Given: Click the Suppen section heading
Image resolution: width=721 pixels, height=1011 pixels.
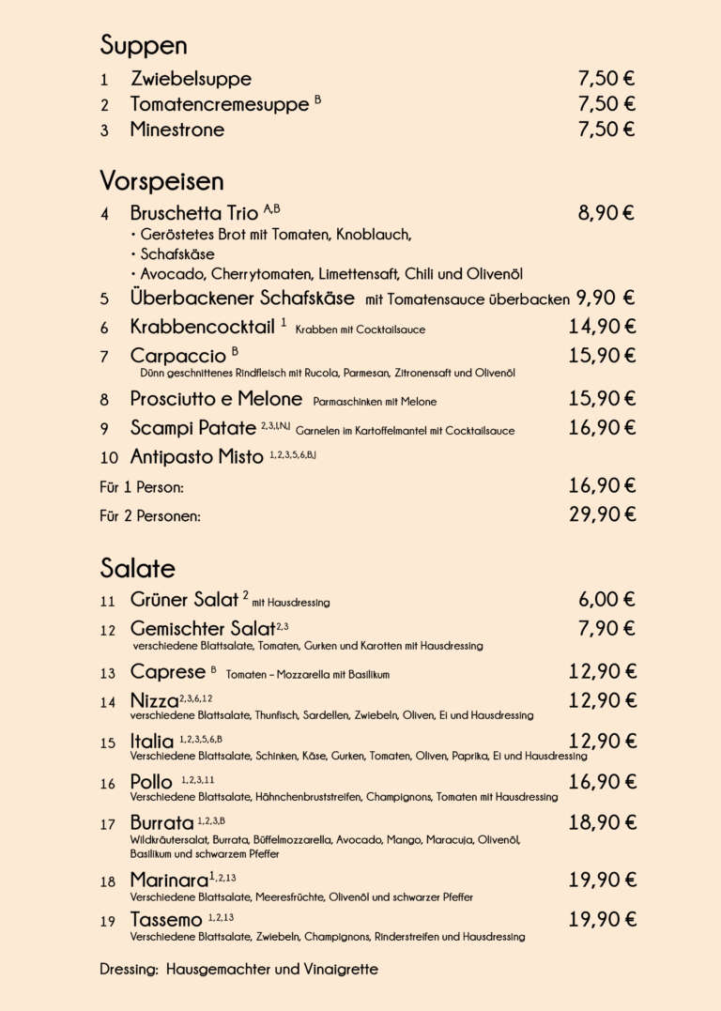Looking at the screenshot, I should [144, 46].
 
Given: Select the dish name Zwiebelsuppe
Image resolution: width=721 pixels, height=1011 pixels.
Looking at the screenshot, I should [191, 79].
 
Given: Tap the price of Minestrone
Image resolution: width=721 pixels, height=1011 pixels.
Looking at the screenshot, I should [606, 130].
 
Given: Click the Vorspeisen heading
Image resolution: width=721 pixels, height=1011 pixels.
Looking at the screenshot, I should [161, 181].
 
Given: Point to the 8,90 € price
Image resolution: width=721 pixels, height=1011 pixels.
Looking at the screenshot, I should [606, 213].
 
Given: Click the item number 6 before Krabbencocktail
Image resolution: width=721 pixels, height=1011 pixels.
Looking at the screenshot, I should [105, 329].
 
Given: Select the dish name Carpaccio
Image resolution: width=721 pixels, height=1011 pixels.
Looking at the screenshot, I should [177, 356].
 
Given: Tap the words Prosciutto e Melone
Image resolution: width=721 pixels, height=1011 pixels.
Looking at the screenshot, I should [216, 399].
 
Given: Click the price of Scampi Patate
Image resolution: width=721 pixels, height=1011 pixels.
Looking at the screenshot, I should [602, 428].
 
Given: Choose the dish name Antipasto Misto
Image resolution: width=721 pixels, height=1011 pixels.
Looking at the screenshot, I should [196, 458].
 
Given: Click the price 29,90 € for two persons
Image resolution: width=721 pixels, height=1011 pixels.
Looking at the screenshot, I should [602, 514].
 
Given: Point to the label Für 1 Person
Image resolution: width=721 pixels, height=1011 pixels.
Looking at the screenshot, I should [141, 487].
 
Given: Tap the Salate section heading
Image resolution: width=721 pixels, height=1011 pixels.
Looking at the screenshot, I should [137, 569].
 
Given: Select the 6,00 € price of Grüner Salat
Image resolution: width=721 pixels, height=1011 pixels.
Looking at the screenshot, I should [606, 600].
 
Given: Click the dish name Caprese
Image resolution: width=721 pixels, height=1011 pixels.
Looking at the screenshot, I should [167, 672].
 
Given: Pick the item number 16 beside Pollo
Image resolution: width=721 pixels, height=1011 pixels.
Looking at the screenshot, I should [107, 784].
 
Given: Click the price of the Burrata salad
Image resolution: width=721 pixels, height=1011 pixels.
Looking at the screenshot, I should [602, 823].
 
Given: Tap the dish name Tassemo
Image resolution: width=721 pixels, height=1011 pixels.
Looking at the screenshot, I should [165, 921].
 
